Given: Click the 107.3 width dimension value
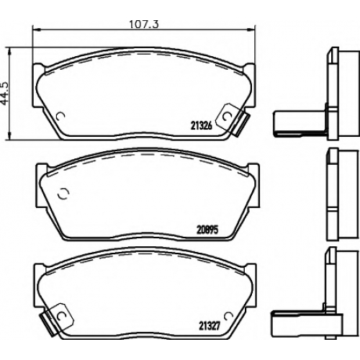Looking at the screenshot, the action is point(144,24).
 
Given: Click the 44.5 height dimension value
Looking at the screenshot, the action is point(5,93).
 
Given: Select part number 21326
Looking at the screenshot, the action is point(202,125).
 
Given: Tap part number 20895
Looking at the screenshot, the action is point(207,230).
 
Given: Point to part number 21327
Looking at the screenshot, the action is point(209,326).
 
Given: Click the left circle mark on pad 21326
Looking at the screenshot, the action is point(60,117).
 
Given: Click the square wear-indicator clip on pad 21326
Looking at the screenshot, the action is point(228,117).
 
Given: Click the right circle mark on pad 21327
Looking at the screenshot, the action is point(228,316).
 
